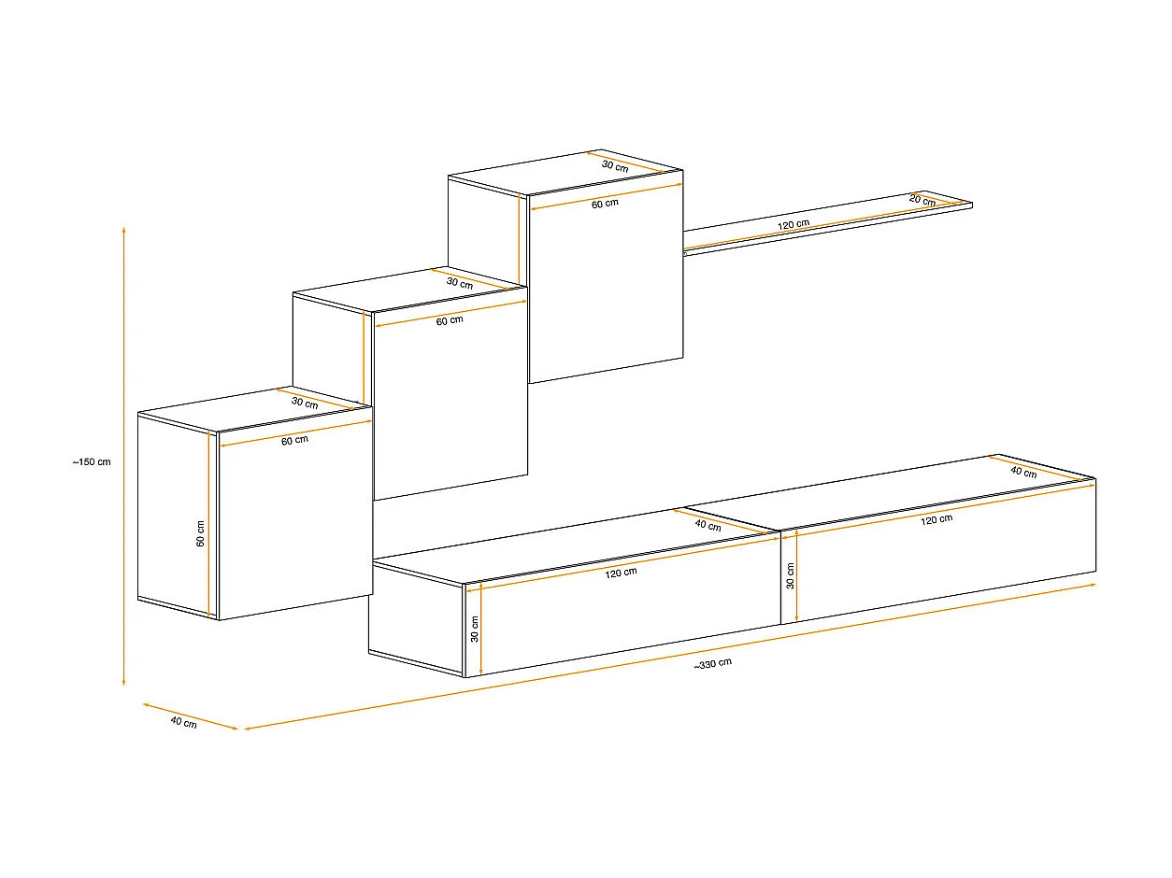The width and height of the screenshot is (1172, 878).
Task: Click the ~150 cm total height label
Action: pyautogui.click(x=92, y=461)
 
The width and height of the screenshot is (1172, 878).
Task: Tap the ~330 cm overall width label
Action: pyautogui.click(x=712, y=664)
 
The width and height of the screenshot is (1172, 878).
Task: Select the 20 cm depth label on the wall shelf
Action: pyautogui.click(x=922, y=201)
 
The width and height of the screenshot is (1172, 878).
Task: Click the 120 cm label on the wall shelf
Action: pyautogui.click(x=793, y=224)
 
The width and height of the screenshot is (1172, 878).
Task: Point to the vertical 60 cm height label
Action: pyautogui.click(x=200, y=534)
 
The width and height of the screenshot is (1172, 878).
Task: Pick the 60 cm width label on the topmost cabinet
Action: pyautogui.click(x=605, y=204)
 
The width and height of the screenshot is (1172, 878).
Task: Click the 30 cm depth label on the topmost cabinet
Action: pyautogui.click(x=614, y=165)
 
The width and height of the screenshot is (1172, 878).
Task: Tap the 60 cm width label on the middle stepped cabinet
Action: pyautogui.click(x=450, y=320)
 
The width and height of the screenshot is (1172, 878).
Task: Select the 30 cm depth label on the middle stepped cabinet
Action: pyautogui.click(x=459, y=282)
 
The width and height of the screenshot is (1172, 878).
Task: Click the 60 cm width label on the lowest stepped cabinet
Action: pyautogui.click(x=294, y=440)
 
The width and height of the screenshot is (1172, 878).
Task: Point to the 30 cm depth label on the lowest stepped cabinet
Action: pyautogui.click(x=305, y=404)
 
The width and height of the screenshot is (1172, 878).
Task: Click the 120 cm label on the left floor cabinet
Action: pyautogui.click(x=621, y=573)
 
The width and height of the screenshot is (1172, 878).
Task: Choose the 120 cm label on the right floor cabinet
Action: pyautogui.click(x=936, y=519)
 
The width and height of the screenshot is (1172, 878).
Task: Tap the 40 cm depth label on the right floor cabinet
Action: pyautogui.click(x=1023, y=473)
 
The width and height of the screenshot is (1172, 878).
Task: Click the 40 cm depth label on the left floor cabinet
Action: pyautogui.click(x=707, y=526)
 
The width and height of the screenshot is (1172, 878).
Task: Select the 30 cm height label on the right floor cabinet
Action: pyautogui.click(x=791, y=577)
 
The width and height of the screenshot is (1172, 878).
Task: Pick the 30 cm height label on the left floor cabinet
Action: pyautogui.click(x=475, y=630)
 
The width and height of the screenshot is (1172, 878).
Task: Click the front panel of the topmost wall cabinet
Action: pyautogui.click(x=606, y=290)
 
